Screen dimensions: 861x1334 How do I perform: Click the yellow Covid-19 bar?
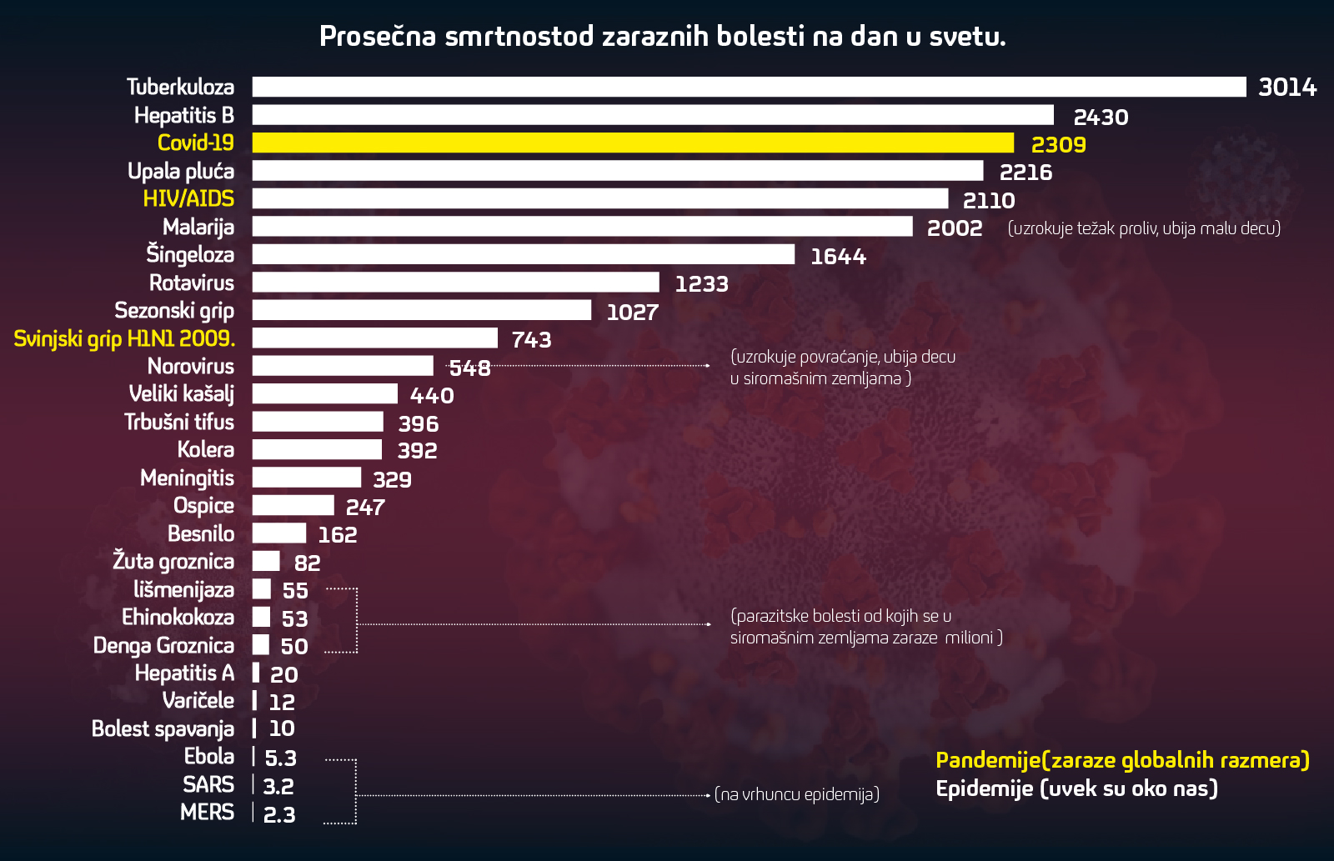coord(633,143)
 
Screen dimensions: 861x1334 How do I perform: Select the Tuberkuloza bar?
coord(749,87)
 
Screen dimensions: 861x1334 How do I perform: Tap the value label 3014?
coord(1286,88)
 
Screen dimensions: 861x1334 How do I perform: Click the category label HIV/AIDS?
coord(188,198)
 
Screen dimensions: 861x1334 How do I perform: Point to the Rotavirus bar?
coord(455,283)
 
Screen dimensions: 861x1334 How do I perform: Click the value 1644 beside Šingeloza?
coord(838,257)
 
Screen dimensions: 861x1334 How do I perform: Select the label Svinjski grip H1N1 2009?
coord(124,338)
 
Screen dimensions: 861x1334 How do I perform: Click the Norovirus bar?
coord(343,366)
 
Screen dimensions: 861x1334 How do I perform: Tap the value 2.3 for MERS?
coord(279,814)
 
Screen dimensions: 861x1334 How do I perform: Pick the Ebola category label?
coord(209,756)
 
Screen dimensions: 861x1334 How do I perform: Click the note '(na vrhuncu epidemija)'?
coord(797,794)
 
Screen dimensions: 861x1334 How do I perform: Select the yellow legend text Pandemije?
coord(1122,760)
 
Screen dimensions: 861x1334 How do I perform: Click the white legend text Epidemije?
coord(1076,788)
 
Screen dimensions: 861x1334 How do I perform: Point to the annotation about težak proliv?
coord(1144,228)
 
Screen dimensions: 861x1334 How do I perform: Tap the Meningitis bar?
coord(307,478)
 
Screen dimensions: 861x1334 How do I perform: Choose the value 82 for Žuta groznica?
coord(307,563)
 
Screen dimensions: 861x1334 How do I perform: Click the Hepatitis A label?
coord(184,673)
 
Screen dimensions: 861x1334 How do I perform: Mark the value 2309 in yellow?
coord(1058,145)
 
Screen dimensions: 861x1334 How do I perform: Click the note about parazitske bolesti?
coord(865,627)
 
